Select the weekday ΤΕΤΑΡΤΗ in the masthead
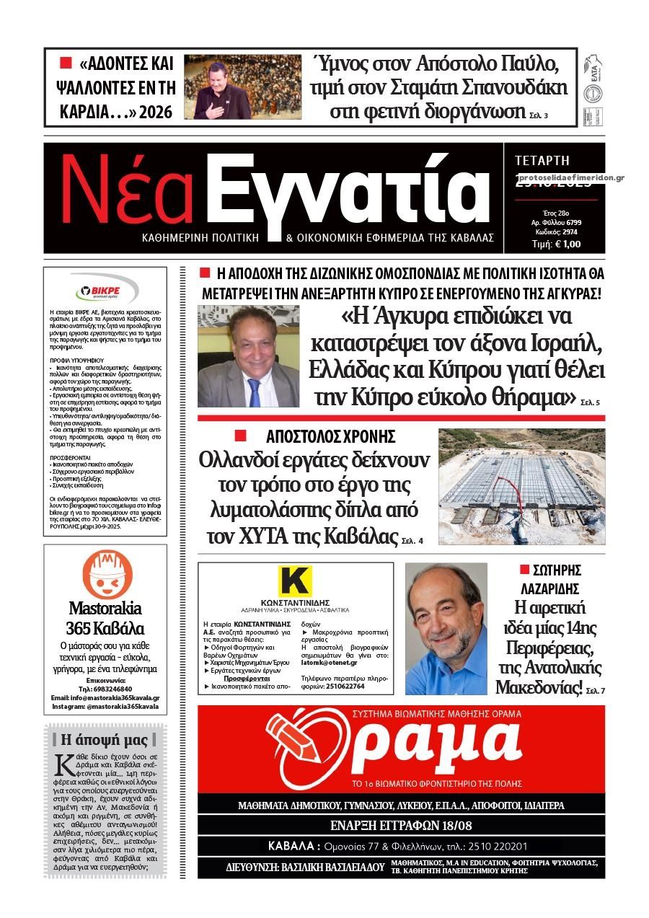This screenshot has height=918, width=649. click(542, 161)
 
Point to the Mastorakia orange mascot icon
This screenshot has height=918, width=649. click(107, 574)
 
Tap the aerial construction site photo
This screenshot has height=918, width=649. click(522, 487)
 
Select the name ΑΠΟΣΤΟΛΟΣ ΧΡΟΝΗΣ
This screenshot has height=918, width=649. click(330, 436)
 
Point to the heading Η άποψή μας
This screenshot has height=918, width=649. click(105, 739)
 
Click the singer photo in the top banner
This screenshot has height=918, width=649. click(242, 87)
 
